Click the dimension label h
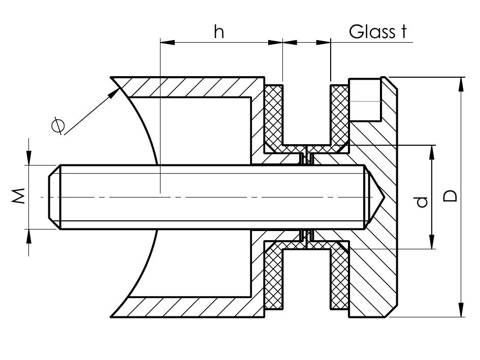(x=219, y=32)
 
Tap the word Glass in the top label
(x=372, y=32)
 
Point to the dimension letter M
(x=18, y=196)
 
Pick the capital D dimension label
(x=450, y=196)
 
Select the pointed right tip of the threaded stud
(x=383, y=197)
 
